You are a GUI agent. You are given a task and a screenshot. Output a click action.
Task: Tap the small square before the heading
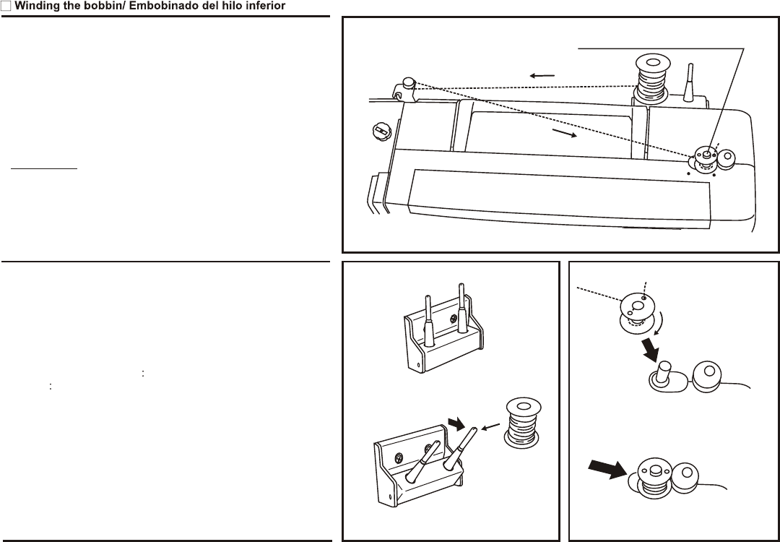5,6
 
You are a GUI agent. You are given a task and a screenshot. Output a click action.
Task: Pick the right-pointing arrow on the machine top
565,134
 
